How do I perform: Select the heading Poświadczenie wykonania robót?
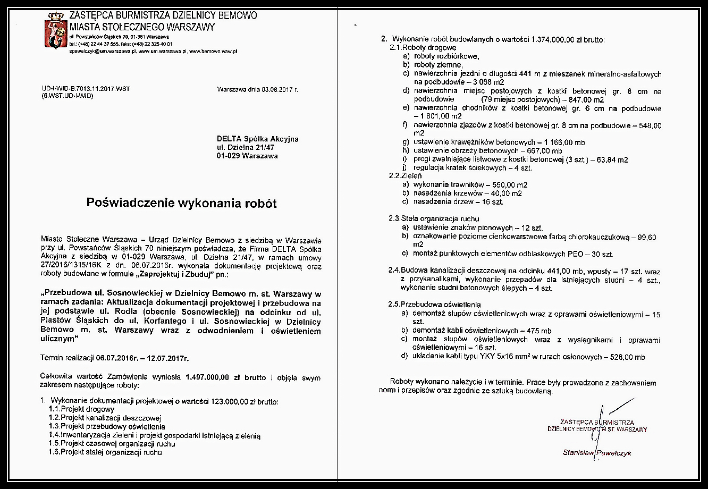click(x=182, y=203)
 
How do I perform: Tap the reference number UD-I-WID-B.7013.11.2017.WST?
click(x=86, y=89)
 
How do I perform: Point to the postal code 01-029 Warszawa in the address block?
click(x=247, y=156)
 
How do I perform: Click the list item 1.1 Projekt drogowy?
click(x=81, y=409)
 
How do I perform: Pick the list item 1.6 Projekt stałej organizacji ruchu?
click(x=105, y=452)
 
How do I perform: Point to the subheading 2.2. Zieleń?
click(x=406, y=176)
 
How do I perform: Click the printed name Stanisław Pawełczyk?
click(x=597, y=453)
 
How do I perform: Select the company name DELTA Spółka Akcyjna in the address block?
click(x=257, y=139)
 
